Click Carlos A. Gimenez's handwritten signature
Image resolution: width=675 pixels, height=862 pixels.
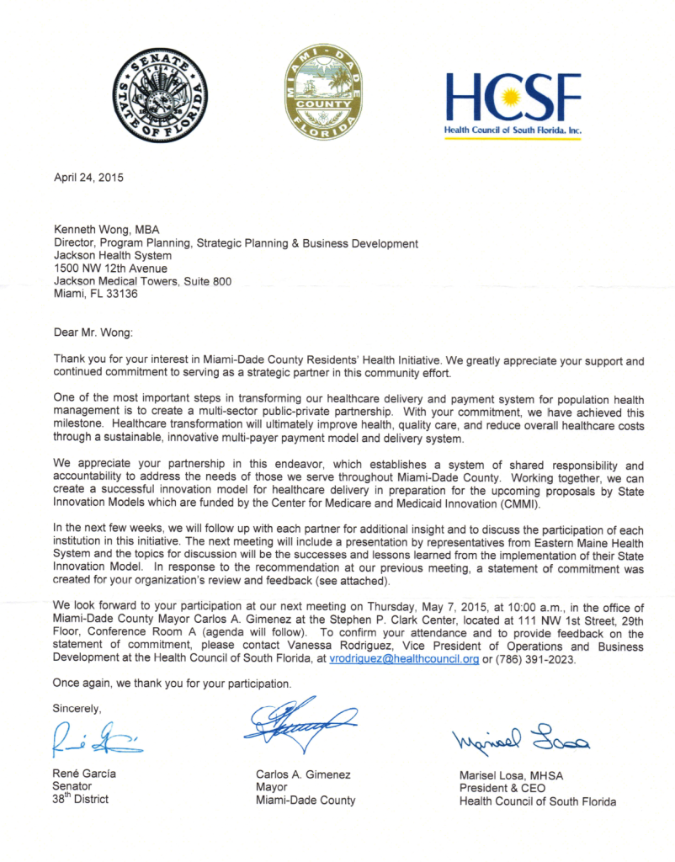pos(299,721)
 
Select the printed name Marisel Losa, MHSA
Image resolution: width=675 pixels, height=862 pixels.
pos(511,775)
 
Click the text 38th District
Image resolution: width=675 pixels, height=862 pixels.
pos(81,799)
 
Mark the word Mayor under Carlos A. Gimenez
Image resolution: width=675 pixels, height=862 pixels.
pos(272,787)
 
